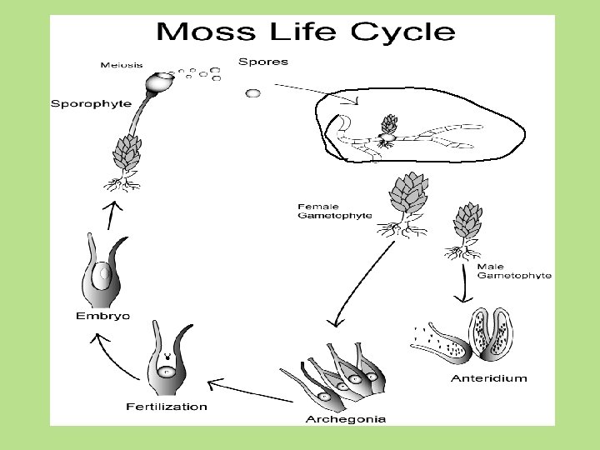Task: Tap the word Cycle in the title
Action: pyautogui.click(x=402, y=32)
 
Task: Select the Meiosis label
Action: pyautogui.click(x=122, y=64)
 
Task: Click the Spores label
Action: pyautogui.click(x=263, y=62)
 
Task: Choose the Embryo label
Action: pyautogui.click(x=102, y=316)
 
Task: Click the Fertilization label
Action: pyautogui.click(x=167, y=407)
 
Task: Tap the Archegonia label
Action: pyautogui.click(x=345, y=419)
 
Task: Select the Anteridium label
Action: pyautogui.click(x=488, y=378)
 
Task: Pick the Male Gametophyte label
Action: pyautogui.click(x=513, y=271)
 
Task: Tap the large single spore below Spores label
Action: pyautogui.click(x=252, y=92)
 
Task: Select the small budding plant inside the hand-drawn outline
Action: pyautogui.click(x=388, y=132)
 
